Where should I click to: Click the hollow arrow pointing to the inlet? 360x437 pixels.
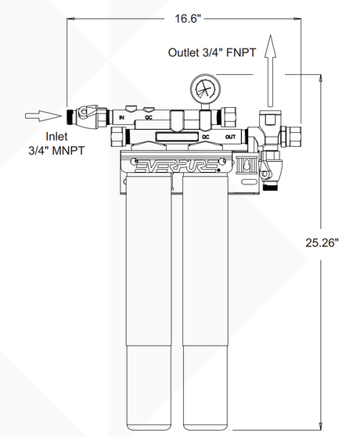point(42,116)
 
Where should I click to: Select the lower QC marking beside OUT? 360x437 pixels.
point(205,136)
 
